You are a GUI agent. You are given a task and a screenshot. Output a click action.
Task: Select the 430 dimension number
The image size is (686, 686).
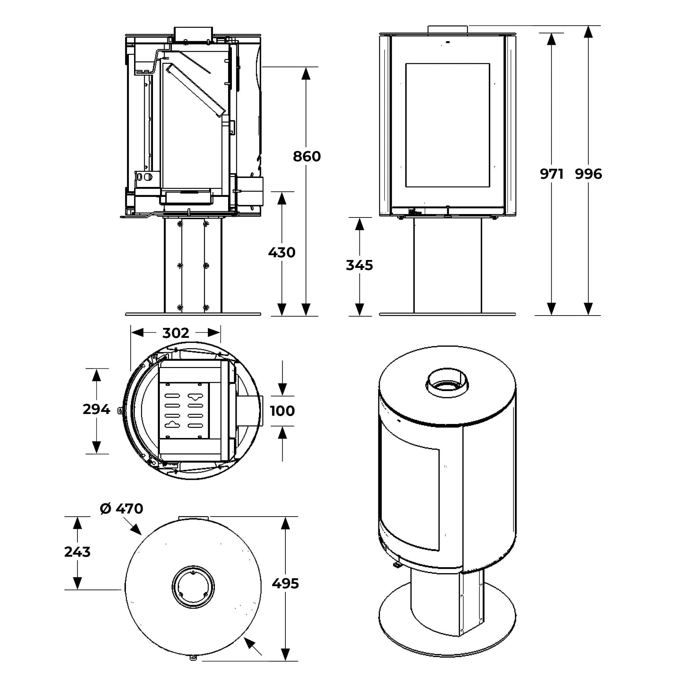click(x=282, y=253)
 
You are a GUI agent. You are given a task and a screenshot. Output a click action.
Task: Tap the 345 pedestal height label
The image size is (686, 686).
click(x=359, y=265)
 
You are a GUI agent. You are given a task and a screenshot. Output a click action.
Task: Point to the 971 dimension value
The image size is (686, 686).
click(x=552, y=174)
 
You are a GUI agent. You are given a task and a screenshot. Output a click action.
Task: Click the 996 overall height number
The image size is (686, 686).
click(x=588, y=174)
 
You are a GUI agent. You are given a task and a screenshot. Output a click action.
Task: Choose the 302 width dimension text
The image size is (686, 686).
click(x=176, y=333)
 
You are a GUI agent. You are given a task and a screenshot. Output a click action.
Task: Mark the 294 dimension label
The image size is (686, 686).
click(x=96, y=410)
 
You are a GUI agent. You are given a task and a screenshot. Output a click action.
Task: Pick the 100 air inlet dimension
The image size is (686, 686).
click(x=282, y=411)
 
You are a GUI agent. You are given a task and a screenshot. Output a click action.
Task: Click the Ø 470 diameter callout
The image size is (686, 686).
click(x=122, y=509)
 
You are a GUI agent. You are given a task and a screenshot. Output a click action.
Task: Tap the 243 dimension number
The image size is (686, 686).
click(x=78, y=552)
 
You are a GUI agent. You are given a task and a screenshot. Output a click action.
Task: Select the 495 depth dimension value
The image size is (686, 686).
click(x=285, y=584)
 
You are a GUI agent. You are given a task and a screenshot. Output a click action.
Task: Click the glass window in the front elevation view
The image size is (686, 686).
click(x=447, y=125)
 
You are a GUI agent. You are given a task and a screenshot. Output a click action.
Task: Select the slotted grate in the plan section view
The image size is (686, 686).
click(x=184, y=411)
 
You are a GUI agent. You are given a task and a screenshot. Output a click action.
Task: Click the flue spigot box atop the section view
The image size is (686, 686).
click(x=193, y=34)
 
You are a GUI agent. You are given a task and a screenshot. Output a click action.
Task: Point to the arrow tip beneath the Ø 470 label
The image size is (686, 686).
click(x=140, y=533)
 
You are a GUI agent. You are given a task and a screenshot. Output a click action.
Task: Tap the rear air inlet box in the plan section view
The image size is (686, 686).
click(x=249, y=411)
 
